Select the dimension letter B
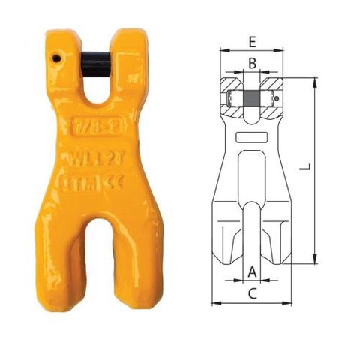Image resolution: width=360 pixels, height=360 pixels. tap(253, 64)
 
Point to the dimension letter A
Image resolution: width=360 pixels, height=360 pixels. tap(253, 270)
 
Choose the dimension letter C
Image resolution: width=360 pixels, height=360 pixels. tap(253, 293)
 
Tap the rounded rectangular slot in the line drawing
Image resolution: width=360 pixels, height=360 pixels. tap(252, 139)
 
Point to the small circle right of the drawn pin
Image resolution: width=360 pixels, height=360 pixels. tap(277, 98)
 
